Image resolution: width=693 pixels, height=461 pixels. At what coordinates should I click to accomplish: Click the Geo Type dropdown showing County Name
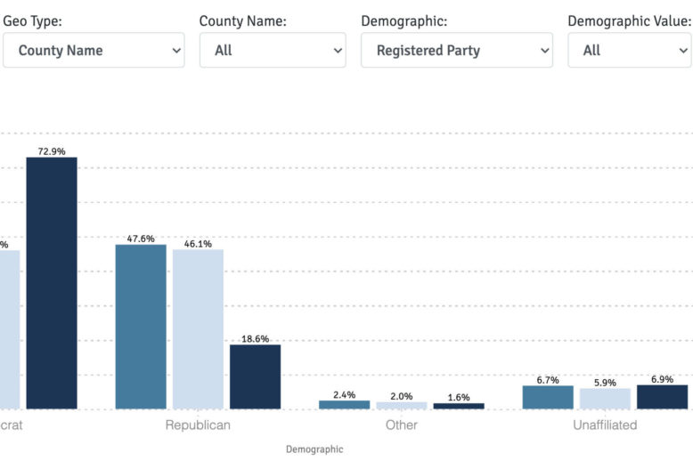pos(94,51)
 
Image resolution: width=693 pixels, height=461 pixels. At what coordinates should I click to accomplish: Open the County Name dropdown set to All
pos(273,51)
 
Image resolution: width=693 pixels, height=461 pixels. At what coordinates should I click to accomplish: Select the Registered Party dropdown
pos(456,51)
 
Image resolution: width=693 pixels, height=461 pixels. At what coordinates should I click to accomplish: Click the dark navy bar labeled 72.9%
pos(52,283)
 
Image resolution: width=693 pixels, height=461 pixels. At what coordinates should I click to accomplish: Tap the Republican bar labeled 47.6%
pos(141,327)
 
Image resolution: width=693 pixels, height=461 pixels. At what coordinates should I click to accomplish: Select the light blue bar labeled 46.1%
pos(198,329)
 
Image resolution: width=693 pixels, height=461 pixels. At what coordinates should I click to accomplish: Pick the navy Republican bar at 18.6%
pos(255,376)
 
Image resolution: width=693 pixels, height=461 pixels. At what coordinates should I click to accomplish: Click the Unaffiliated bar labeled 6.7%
pos(548,398)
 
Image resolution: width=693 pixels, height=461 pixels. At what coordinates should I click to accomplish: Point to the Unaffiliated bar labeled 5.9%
pos(605,399)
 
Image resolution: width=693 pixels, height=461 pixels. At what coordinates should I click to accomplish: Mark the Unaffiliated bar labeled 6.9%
pos(662,397)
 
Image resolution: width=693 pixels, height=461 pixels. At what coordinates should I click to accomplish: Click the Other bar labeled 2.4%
pos(344,405)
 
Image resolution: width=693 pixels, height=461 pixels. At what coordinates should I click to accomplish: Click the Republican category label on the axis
pos(198,425)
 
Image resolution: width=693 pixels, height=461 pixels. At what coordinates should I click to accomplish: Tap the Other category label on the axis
pos(402,425)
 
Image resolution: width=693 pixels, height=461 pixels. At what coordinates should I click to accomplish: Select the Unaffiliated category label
pos(605,425)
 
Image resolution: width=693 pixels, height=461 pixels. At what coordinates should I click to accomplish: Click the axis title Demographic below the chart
pos(314,449)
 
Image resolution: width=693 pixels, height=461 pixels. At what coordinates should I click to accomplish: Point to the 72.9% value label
pos(52,151)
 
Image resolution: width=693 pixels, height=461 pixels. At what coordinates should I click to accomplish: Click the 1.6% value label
pos(459,397)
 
